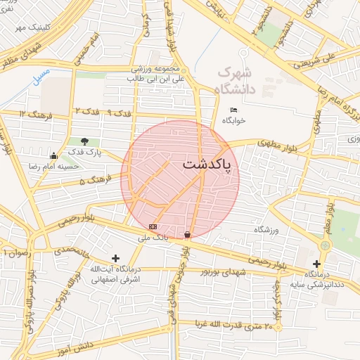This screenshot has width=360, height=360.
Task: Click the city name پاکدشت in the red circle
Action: coord(210,164)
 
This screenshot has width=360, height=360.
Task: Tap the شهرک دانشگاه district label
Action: coord(235,79)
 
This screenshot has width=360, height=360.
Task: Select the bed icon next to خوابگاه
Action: coord(234,110)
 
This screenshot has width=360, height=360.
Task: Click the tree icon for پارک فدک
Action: coord(85,141)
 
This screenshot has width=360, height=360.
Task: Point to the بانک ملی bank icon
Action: coord(153,226)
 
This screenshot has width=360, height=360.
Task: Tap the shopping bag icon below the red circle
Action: coord(187,234)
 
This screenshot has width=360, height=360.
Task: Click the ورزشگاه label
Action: coord(266,230)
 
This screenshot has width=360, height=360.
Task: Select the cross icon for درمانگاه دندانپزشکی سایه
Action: coord(317,264)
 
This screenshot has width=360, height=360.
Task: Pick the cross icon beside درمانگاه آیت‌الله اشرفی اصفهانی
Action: coord(115,259)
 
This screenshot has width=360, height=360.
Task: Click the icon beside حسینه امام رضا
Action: coord(54,155)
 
